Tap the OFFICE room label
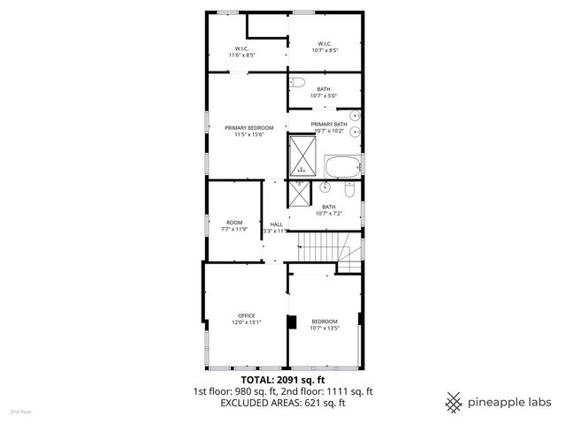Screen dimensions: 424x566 pos(246,315)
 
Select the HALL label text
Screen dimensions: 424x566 pos(276,224)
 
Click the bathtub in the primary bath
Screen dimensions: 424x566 pos(343,166)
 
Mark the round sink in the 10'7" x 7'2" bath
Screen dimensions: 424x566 pos(325,187)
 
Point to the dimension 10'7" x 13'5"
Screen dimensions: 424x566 pos(325,329)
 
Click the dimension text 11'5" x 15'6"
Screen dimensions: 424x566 pos(249,135)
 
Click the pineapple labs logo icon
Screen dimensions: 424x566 pos(454,402)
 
